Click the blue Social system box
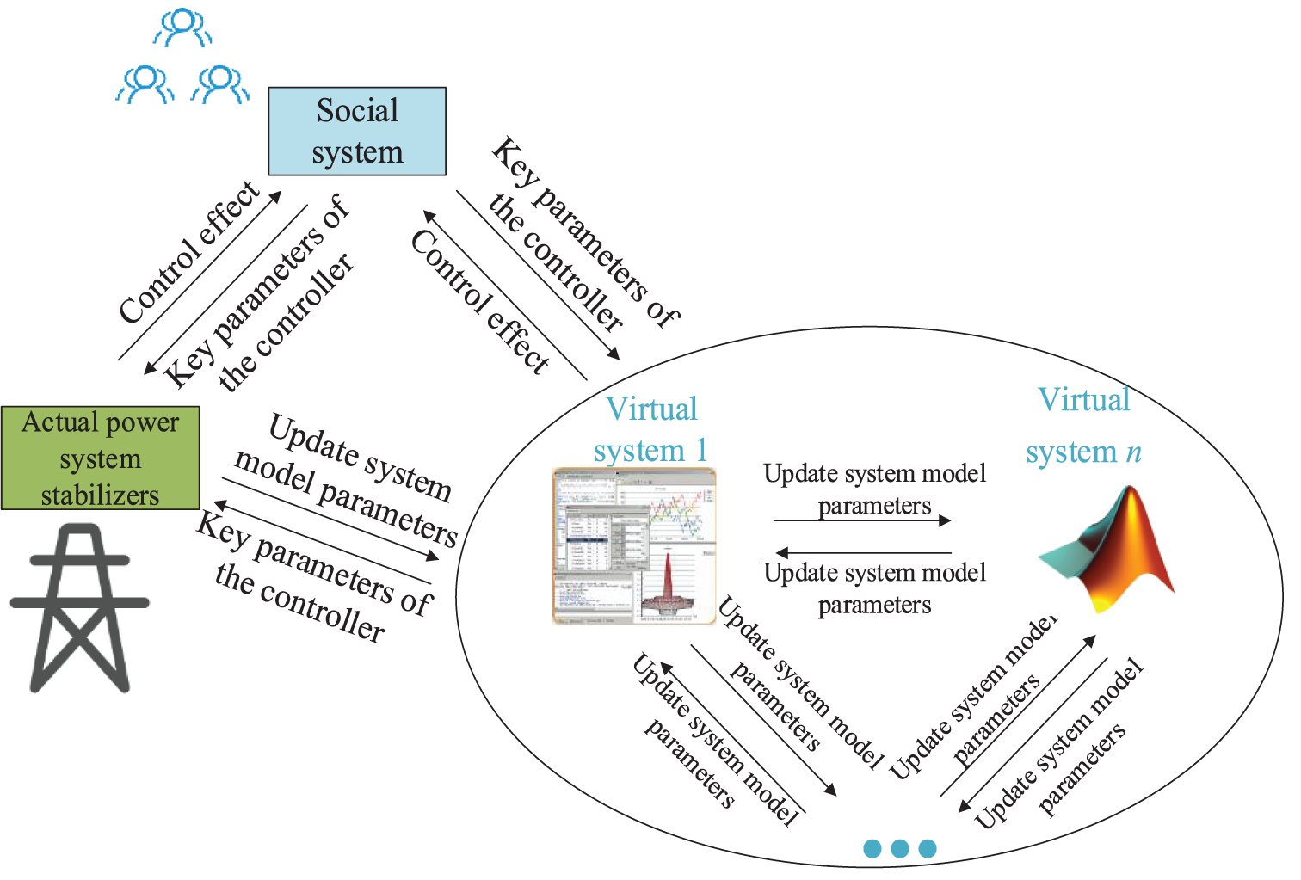click(x=357, y=131)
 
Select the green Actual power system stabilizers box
click(x=100, y=458)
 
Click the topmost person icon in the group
click(x=182, y=28)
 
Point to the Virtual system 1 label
click(x=651, y=429)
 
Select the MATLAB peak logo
click(x=1110, y=551)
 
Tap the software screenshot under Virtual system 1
click(x=634, y=545)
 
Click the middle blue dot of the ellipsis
click(x=900, y=849)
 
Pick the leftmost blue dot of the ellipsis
click(x=872, y=849)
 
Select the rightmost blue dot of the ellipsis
click(x=928, y=849)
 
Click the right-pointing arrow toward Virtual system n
click(x=862, y=520)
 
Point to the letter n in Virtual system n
click(x=1134, y=452)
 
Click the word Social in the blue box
click(x=357, y=110)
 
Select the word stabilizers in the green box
click(x=100, y=495)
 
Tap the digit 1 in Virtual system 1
click(x=701, y=450)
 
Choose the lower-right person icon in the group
click(x=220, y=83)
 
